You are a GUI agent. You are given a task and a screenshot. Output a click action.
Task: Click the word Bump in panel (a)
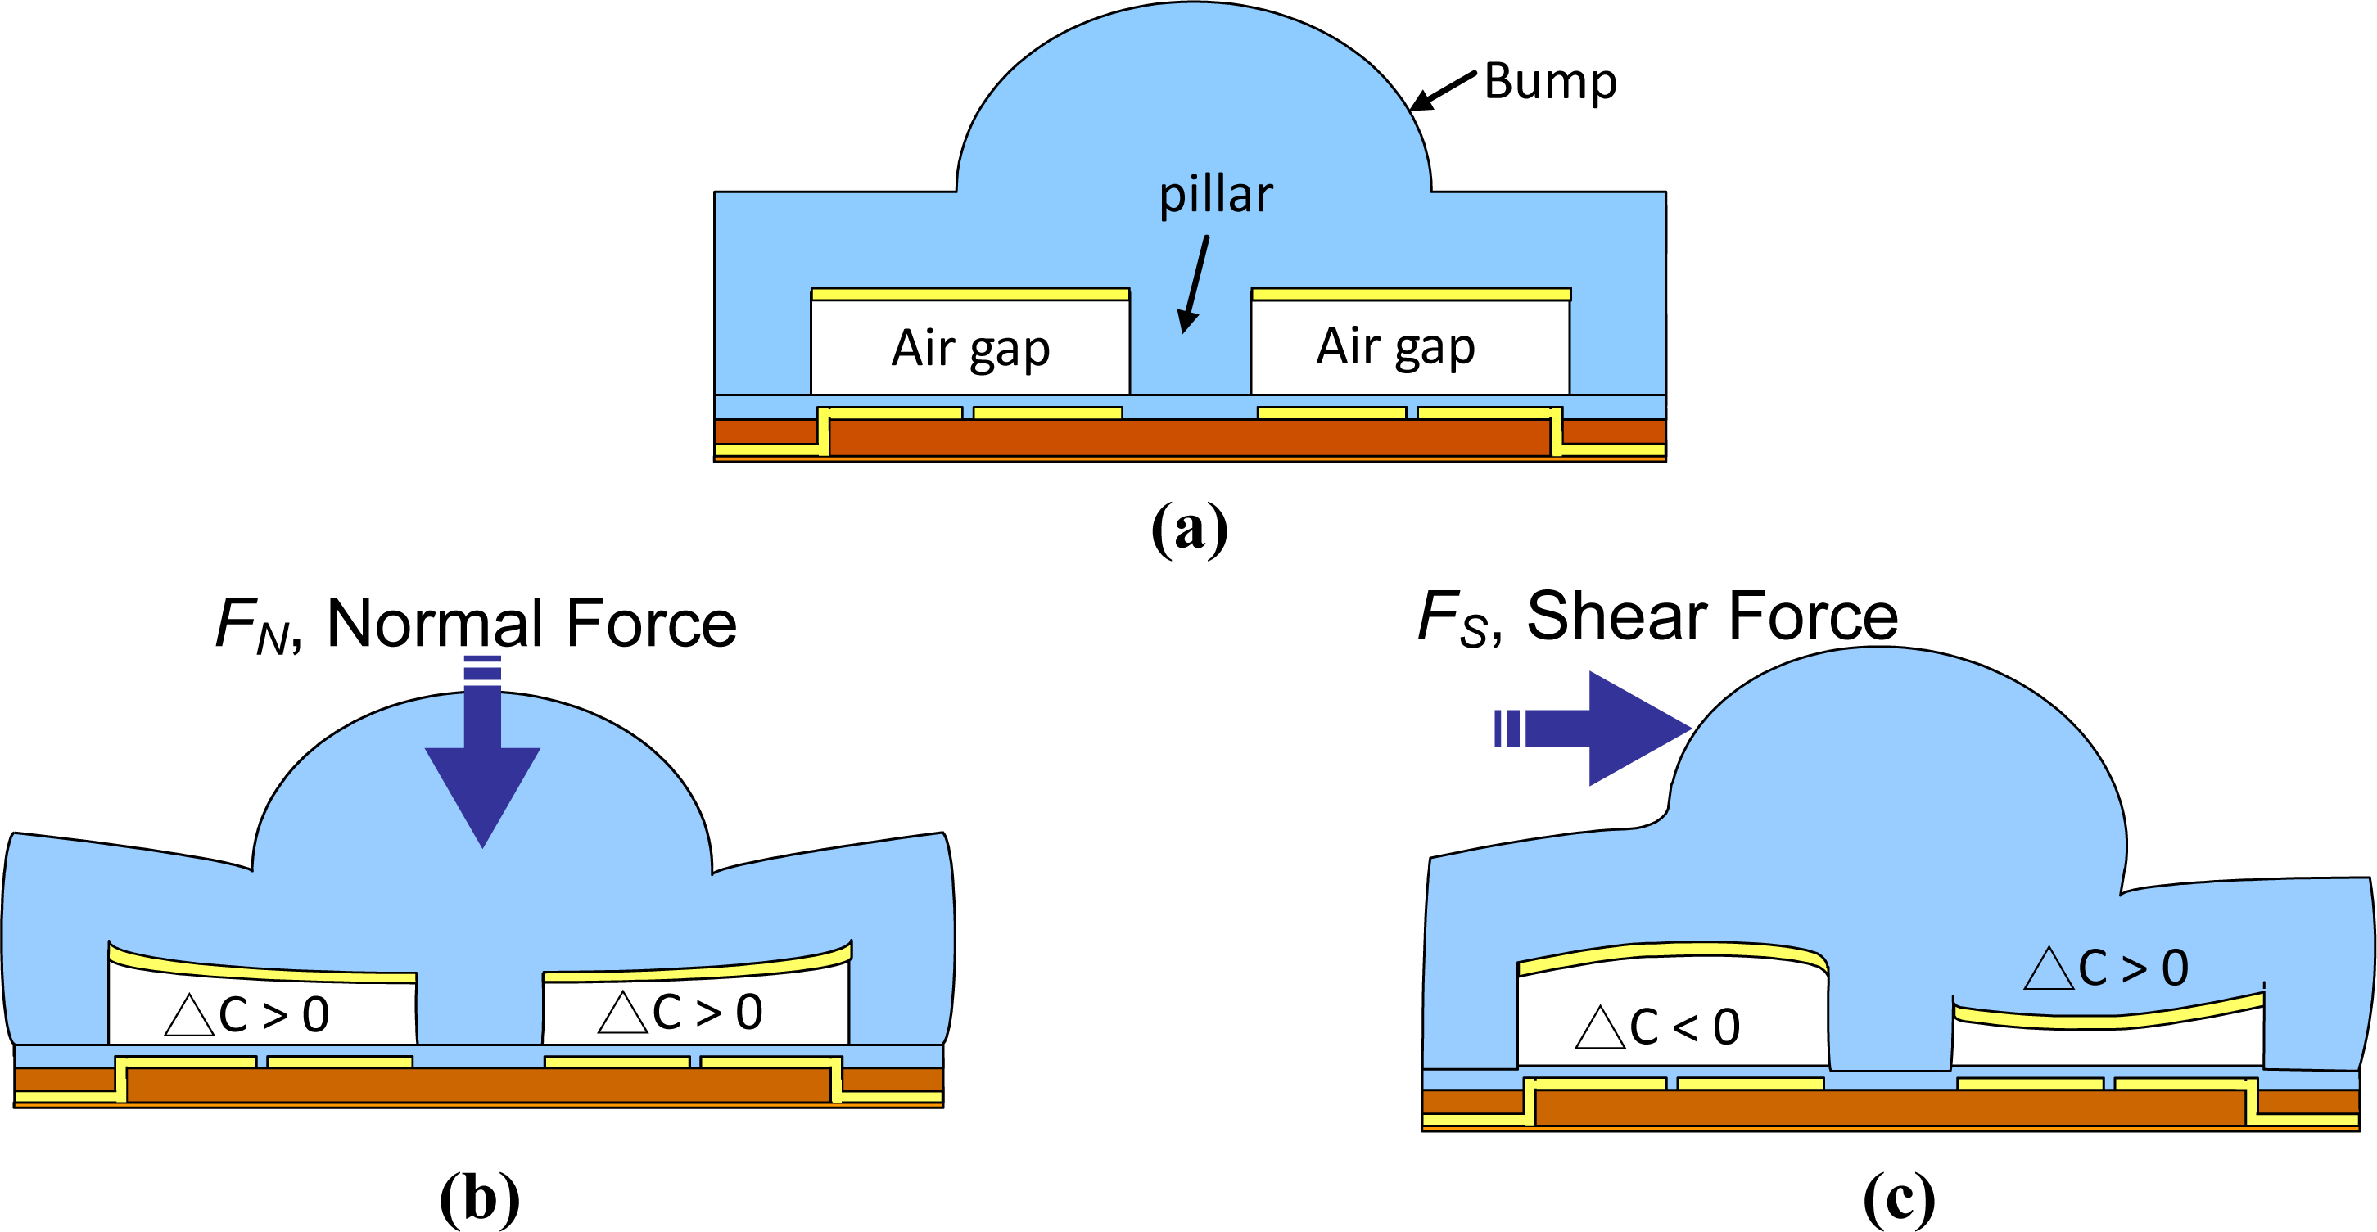tap(1550, 83)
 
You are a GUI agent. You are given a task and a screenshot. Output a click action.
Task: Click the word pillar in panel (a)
tap(1215, 196)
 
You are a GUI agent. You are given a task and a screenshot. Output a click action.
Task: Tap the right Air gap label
tap(1395, 347)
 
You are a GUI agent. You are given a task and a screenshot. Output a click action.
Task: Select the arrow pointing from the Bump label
tap(1444, 90)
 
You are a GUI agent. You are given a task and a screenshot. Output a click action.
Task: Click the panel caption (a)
tap(1190, 529)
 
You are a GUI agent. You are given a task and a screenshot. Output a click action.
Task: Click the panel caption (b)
tap(479, 1198)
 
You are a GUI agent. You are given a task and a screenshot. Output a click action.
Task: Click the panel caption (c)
tap(1898, 1198)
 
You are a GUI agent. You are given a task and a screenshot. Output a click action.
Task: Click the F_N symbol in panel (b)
tap(251, 626)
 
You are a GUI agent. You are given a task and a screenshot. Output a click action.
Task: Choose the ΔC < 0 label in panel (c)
tap(1657, 1027)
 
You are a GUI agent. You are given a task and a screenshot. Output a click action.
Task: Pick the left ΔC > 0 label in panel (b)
tap(247, 1015)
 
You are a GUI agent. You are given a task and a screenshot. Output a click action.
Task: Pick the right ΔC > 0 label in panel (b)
tap(681, 1012)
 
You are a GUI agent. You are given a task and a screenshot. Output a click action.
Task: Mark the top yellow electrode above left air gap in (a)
tap(969, 295)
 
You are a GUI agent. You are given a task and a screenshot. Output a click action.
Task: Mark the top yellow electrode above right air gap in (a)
tap(1411, 295)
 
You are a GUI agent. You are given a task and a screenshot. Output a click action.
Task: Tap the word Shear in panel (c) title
tap(1620, 616)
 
